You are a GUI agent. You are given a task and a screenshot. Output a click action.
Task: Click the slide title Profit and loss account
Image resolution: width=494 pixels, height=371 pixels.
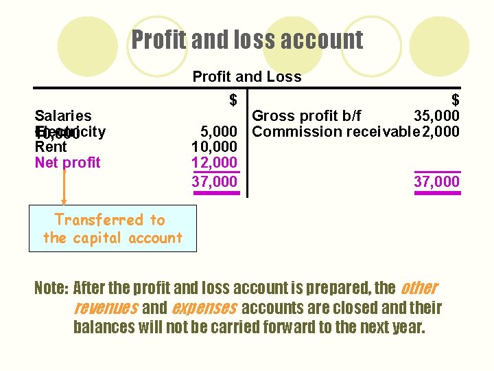247,40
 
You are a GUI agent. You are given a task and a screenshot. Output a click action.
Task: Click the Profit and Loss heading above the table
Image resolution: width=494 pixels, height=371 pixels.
247,76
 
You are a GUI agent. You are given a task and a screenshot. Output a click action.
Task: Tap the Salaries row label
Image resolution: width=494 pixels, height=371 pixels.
63,115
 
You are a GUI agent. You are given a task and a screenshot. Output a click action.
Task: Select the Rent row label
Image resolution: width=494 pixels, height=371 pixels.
51,147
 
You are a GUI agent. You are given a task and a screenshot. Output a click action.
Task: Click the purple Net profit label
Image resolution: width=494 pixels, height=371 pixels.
67,163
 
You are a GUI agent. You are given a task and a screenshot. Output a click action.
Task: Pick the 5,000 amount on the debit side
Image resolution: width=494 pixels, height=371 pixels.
218,131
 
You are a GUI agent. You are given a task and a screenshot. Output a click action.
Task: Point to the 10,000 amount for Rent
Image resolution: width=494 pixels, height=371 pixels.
214,147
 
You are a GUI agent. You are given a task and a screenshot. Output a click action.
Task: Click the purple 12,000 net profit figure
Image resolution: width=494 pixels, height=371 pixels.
214,163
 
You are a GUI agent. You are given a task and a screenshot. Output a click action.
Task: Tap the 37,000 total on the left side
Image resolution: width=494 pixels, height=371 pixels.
214,181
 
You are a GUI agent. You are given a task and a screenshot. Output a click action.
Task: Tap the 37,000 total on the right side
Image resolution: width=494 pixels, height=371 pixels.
436,181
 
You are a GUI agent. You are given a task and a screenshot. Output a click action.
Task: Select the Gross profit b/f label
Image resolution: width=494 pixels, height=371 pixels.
307,115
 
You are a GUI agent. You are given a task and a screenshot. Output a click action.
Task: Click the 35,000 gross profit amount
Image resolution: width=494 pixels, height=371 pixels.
436,115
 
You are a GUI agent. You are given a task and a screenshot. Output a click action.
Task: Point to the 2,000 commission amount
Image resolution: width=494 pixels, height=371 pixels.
440,131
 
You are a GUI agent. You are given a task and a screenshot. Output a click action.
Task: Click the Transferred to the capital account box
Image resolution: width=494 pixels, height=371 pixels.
112,229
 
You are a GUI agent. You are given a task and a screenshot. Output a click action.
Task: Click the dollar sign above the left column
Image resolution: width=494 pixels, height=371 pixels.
233,100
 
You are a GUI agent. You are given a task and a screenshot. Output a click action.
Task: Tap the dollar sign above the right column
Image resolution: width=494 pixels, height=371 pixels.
455,100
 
